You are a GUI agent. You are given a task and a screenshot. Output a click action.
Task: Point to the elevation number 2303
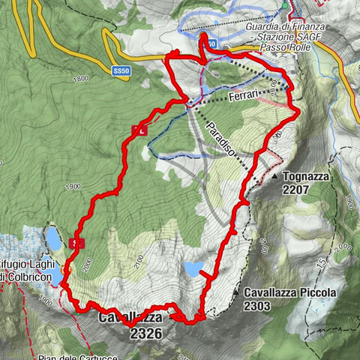[257, 305]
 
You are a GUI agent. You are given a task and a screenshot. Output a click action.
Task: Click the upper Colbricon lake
[52, 238]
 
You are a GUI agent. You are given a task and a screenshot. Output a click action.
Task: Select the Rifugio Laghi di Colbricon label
[30, 270]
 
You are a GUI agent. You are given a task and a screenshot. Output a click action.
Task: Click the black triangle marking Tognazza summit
[276, 176]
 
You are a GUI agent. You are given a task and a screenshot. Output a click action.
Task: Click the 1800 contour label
[81, 78]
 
